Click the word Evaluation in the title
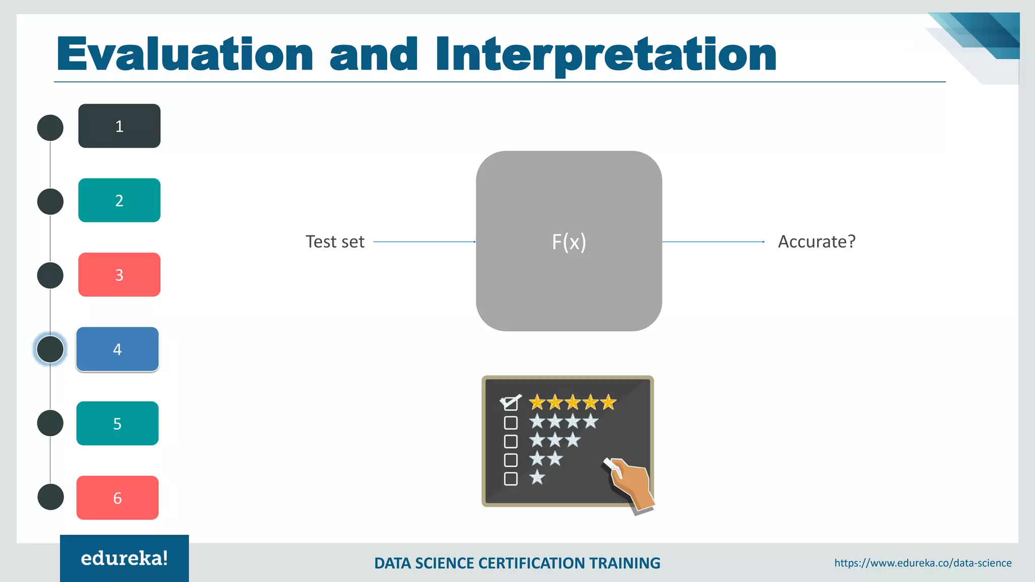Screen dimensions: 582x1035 tap(185, 55)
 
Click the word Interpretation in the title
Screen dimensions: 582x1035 tap(605, 55)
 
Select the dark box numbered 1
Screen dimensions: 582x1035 tap(119, 126)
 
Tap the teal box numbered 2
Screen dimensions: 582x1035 tap(119, 200)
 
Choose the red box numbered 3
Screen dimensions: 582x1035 tap(119, 274)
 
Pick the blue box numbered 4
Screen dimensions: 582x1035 tap(117, 349)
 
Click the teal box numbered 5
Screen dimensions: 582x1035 tap(117, 423)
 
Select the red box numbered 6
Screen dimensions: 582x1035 tap(117, 498)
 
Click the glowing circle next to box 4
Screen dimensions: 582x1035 tap(50, 349)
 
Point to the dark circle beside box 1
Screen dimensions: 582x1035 tap(50, 128)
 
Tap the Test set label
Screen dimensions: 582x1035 tap(335, 241)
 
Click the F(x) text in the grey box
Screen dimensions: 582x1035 tap(569, 241)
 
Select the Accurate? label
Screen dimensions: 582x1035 tap(816, 241)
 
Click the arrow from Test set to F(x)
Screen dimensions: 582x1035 tap(425, 242)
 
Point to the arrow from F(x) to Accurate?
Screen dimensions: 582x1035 tap(713, 242)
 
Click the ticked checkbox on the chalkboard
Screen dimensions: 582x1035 tap(510, 403)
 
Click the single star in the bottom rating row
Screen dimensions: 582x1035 tap(537, 477)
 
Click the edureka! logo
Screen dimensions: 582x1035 tap(124, 558)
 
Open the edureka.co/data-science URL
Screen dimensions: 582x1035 tap(923, 563)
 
